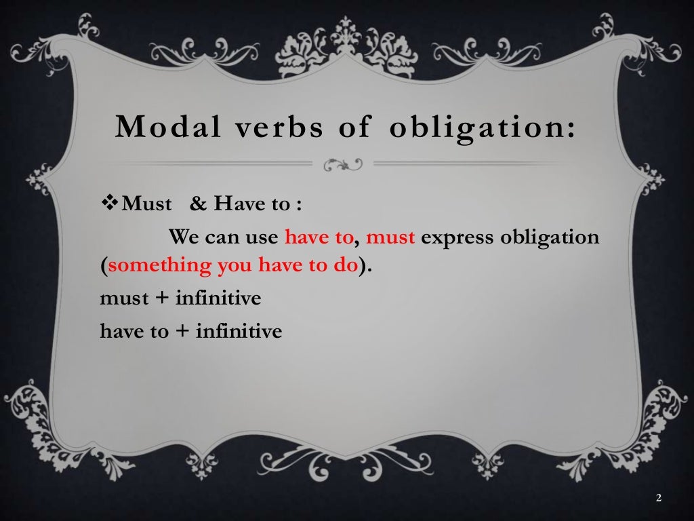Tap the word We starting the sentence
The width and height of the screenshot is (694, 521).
point(183,238)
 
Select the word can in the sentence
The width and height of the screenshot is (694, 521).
point(226,239)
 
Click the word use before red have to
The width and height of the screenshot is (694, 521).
point(264,239)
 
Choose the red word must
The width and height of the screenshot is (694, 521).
point(390,239)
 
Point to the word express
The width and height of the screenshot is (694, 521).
point(456,239)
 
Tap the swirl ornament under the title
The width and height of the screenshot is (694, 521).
point(344,164)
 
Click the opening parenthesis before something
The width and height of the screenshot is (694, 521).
point(104,266)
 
